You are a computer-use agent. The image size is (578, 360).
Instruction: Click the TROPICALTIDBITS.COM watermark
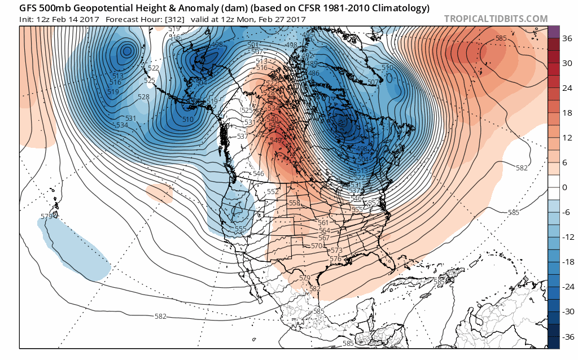point(496,19)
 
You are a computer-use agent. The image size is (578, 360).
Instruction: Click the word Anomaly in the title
point(159,8)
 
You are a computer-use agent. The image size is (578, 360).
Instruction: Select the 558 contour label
point(295,203)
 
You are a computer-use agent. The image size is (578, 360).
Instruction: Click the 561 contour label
point(324,223)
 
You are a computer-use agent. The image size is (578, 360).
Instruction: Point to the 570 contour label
point(317,245)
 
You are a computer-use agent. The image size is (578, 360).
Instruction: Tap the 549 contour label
point(276,141)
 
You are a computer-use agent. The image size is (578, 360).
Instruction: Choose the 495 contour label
point(308,35)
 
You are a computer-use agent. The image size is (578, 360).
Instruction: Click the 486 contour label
point(314,73)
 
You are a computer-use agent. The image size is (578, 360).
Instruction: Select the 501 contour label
point(253,45)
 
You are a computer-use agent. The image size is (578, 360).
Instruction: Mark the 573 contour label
point(336,251)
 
